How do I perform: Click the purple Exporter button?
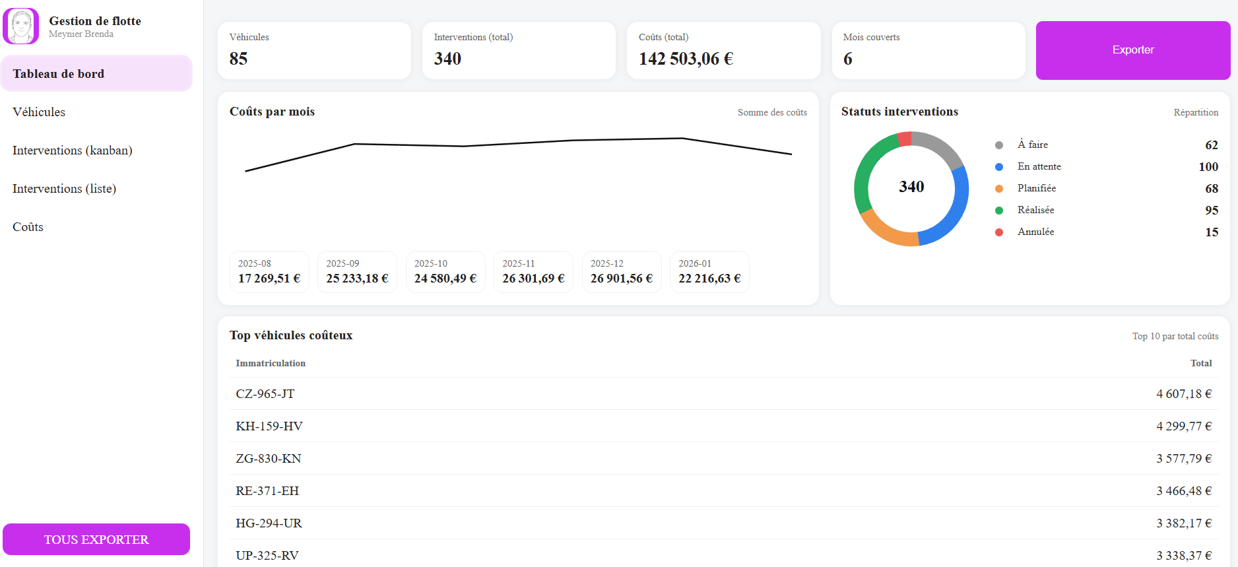click(x=1132, y=50)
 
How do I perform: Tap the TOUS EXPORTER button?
click(x=96, y=539)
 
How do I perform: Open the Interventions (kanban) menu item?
click(x=73, y=150)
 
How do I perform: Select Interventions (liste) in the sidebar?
click(x=65, y=189)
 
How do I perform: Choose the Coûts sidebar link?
click(x=28, y=227)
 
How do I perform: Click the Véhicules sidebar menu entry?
click(x=39, y=112)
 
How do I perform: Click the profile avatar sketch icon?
click(x=21, y=26)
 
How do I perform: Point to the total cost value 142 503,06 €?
click(x=686, y=59)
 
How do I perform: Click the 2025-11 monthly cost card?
click(x=533, y=271)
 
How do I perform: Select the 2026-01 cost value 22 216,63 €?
click(x=709, y=279)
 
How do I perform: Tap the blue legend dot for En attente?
click(x=999, y=167)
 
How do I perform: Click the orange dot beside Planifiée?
click(x=999, y=189)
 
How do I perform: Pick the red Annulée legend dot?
click(x=999, y=232)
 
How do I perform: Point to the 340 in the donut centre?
click(x=911, y=187)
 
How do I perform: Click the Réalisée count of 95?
click(x=1212, y=211)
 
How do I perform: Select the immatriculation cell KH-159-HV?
click(x=269, y=426)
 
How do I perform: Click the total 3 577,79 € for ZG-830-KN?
click(x=1184, y=459)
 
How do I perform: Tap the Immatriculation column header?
click(x=271, y=363)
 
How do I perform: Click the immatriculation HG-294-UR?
click(x=269, y=523)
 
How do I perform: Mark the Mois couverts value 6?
click(x=848, y=59)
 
